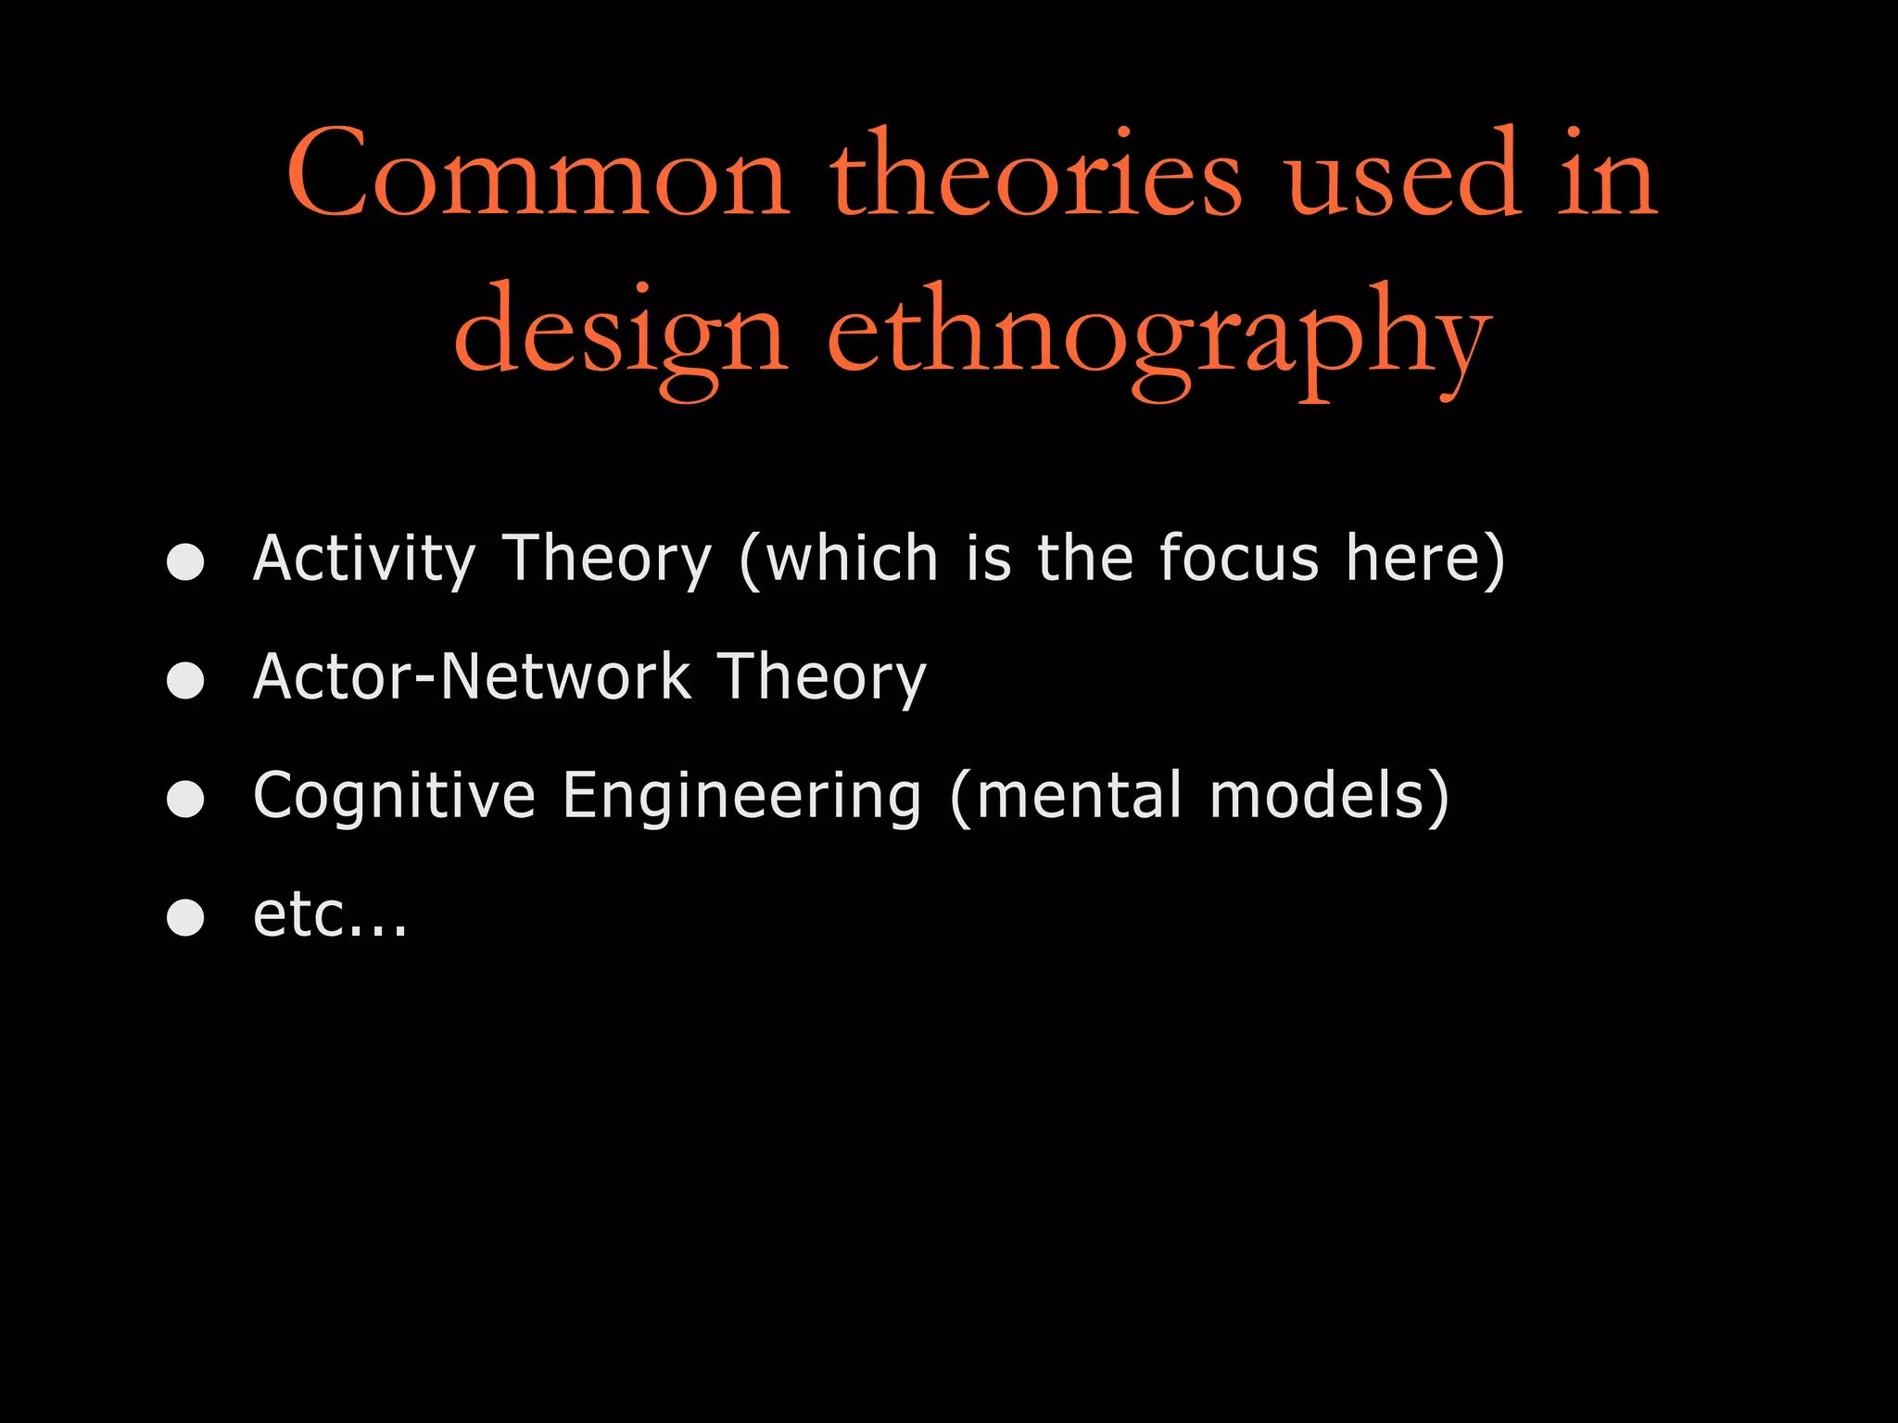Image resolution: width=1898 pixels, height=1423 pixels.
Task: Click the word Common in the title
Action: [x=538, y=176]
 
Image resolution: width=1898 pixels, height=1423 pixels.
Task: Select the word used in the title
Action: [x=1403, y=176]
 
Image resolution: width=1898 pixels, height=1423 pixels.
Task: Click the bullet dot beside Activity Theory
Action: [x=185, y=561]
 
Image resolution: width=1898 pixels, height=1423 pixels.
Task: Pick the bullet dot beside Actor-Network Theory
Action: [x=185, y=680]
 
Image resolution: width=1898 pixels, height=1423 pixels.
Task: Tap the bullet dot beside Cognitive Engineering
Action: [x=185, y=799]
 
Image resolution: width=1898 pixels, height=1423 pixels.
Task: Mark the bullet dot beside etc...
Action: [x=185, y=917]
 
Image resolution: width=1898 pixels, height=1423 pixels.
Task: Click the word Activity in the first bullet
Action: [x=364, y=560]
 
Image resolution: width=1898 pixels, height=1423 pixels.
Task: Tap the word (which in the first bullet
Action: [x=839, y=560]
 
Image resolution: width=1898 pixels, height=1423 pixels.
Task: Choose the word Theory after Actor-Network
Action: [x=822, y=677]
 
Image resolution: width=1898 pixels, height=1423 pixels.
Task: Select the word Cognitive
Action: [x=394, y=797]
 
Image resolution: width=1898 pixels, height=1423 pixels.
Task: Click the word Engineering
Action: [x=741, y=797]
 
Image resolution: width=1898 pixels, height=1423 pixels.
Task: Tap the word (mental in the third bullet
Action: [x=1066, y=797]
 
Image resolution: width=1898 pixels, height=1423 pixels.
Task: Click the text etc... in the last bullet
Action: [x=330, y=915]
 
